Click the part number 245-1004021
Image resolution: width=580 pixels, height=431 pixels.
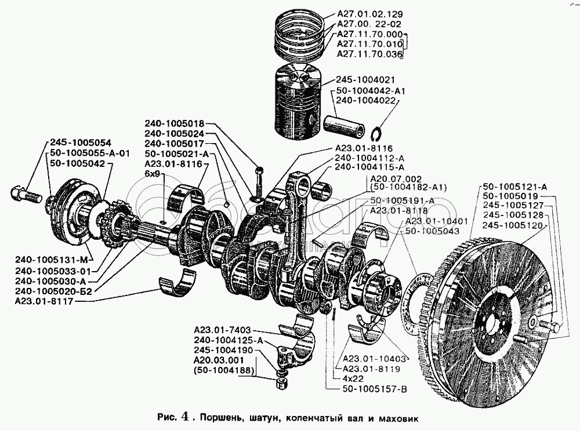pyautogui.click(x=365, y=80)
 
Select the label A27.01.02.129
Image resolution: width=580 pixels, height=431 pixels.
pyautogui.click(x=369, y=14)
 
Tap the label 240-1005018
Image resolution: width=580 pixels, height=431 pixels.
pyautogui.click(x=174, y=124)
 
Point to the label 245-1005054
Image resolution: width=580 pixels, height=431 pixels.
pyautogui.click(x=80, y=143)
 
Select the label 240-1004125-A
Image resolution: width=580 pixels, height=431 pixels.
pyautogui.click(x=228, y=341)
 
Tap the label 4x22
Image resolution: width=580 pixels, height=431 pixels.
pyautogui.click(x=353, y=378)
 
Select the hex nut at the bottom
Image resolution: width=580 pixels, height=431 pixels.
pyautogui.click(x=282, y=383)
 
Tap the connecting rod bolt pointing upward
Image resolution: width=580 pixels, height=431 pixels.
pyautogui.click(x=259, y=183)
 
